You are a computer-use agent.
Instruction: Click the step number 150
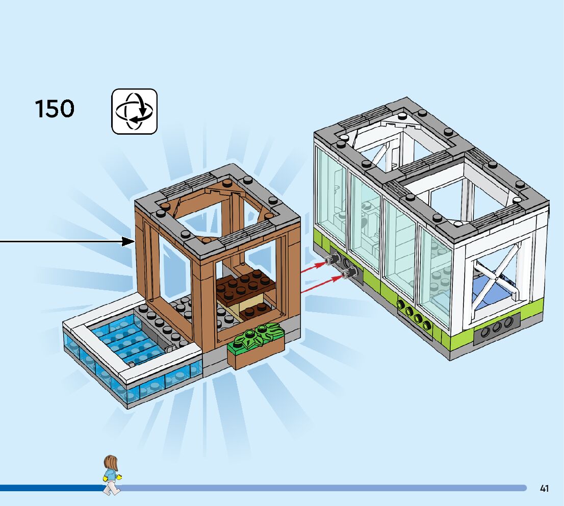coord(54,109)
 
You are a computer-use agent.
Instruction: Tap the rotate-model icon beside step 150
coord(134,111)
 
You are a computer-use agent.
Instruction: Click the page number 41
coord(544,489)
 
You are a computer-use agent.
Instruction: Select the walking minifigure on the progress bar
coord(111,475)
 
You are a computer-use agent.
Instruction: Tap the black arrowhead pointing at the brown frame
coord(127,241)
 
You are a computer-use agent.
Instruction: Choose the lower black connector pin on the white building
coord(350,274)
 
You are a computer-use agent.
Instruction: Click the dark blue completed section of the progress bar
coord(51,488)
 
